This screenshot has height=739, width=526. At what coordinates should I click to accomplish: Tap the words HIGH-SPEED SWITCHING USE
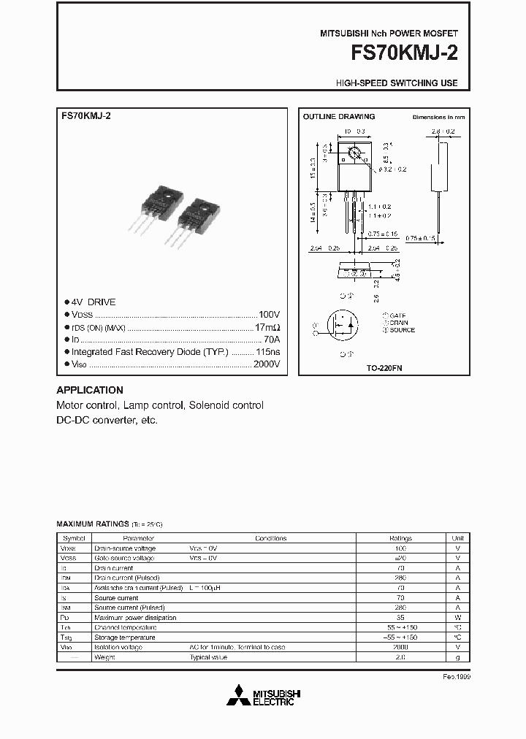[397, 83]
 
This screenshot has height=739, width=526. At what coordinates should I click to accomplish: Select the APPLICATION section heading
[90, 390]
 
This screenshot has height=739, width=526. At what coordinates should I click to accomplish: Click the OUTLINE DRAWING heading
[339, 117]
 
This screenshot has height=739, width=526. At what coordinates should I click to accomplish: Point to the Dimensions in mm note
[438, 117]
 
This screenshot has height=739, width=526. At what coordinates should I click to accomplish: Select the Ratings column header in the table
[400, 538]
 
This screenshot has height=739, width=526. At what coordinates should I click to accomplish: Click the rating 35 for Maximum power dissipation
[400, 617]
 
